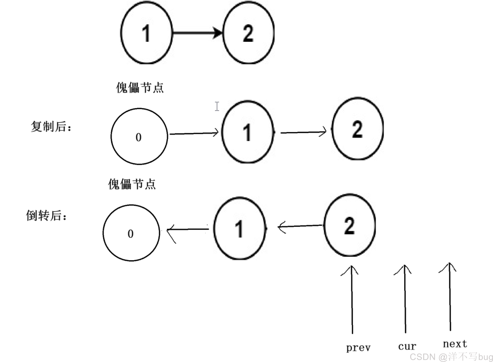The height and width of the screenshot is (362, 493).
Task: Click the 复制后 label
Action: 51,127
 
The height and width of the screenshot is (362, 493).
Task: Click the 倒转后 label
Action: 46,215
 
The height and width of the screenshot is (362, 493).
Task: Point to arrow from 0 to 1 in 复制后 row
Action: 194,133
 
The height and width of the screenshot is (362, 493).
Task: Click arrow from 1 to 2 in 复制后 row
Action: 303,132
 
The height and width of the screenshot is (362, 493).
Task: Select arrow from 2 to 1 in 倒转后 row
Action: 300,227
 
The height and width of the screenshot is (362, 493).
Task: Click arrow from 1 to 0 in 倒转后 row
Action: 188,230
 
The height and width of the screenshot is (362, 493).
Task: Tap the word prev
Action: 358,348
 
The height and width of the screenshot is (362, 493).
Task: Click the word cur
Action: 407,346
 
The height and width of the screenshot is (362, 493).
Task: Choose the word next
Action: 455,344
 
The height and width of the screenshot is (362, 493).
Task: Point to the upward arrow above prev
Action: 352,300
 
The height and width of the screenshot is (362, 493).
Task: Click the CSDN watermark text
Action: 451,357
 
